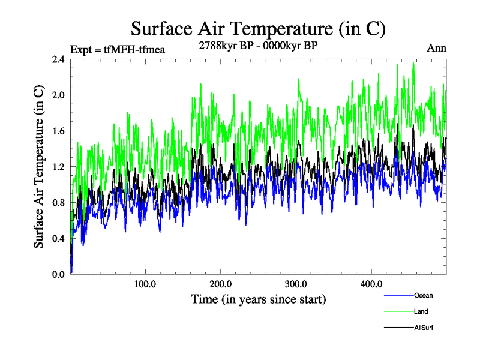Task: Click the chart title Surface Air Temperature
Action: pos(258,28)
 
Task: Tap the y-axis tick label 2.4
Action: pos(58,59)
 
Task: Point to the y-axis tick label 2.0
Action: pos(58,95)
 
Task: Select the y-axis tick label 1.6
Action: pos(58,131)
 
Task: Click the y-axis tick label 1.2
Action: pos(58,167)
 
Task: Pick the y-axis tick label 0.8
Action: pos(58,203)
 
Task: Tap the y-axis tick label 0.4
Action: pos(58,238)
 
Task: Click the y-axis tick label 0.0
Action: pos(58,274)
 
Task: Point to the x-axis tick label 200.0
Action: pos(221,284)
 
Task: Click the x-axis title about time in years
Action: pos(258,299)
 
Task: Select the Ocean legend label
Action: pos(423,295)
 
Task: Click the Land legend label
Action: pos(421,311)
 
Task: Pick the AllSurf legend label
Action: pos(424,328)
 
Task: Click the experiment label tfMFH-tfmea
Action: pos(118,49)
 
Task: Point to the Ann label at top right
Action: pos(436,48)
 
